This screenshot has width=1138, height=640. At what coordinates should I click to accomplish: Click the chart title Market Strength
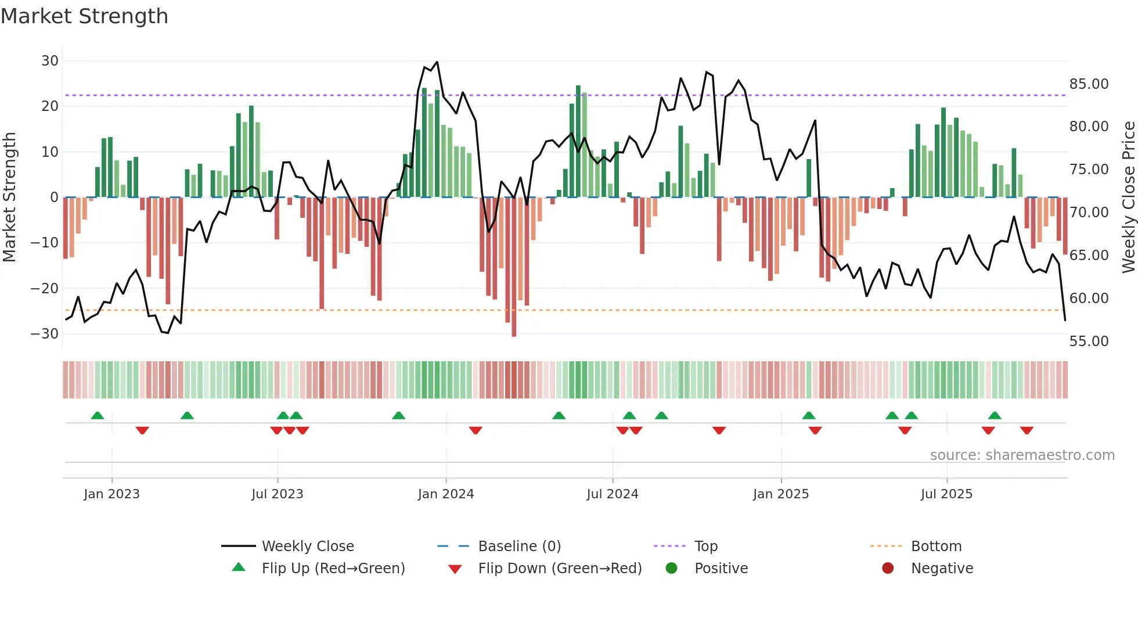(84, 16)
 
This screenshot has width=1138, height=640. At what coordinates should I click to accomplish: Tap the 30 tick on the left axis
(50, 61)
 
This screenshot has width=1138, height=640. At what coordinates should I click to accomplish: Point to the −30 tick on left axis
(45, 334)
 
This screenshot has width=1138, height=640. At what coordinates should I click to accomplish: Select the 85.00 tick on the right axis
(1089, 84)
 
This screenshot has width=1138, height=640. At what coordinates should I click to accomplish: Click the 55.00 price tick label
(1089, 341)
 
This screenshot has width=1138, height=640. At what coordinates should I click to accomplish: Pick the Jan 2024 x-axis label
(445, 494)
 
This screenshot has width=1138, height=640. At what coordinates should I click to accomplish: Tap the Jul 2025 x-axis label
(946, 494)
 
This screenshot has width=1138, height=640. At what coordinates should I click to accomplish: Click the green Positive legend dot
(671, 569)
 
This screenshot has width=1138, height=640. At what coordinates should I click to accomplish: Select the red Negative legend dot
(887, 569)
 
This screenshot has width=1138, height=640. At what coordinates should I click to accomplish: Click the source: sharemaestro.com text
(1022, 455)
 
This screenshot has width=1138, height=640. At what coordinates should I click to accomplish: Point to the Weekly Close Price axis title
(1128, 197)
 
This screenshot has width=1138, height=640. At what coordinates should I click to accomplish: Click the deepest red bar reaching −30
(514, 267)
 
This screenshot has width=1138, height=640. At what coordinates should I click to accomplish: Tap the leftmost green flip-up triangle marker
(98, 416)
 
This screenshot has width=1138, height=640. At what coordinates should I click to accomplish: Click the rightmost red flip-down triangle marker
(1026, 430)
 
